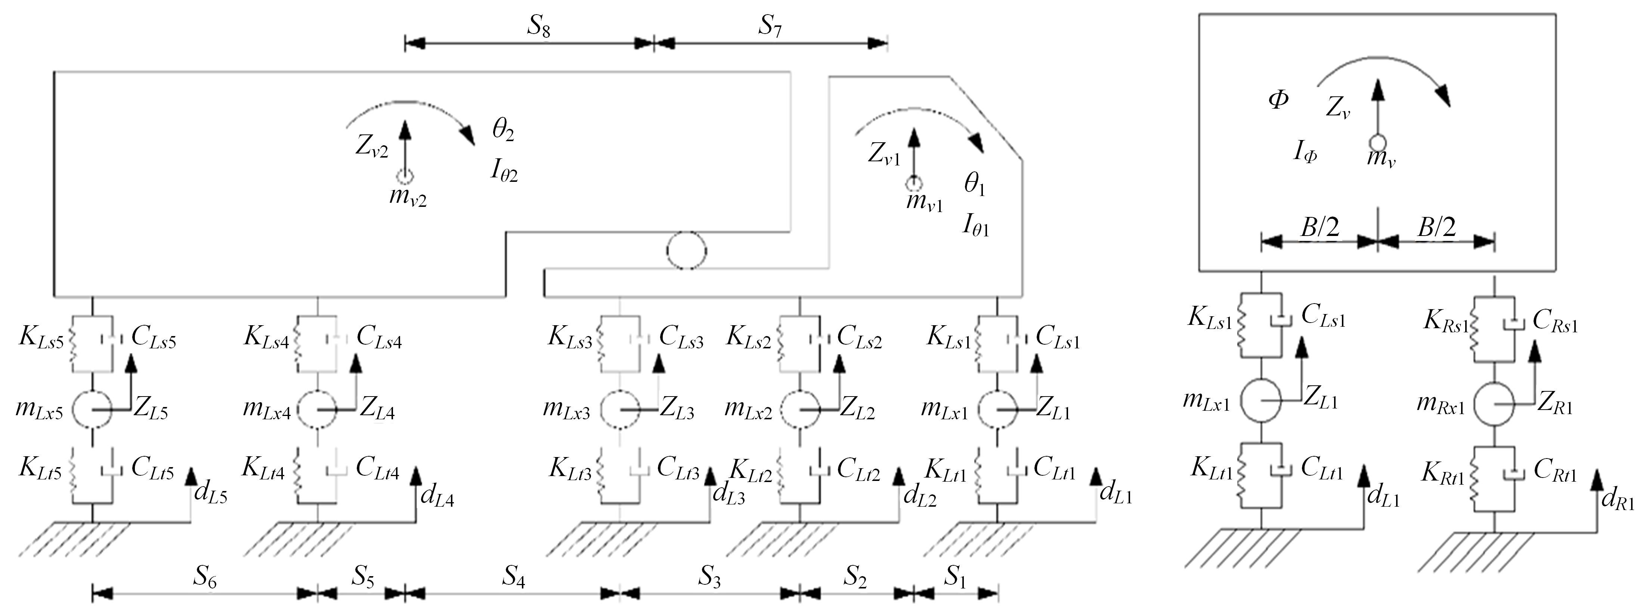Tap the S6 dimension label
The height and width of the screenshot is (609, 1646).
[204, 578]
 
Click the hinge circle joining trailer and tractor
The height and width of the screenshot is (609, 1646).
[687, 250]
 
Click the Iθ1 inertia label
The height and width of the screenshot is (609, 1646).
[976, 227]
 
